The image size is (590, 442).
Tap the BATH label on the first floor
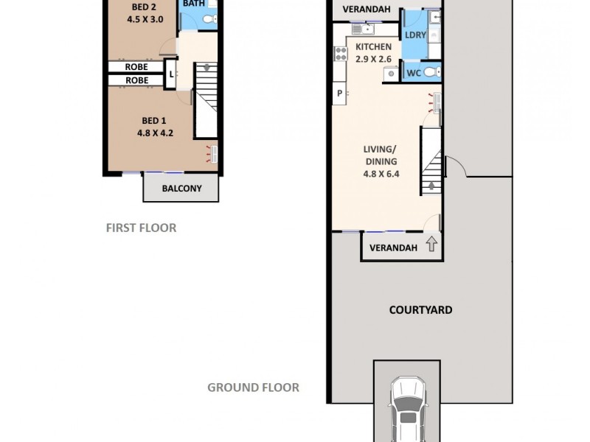click(193, 4)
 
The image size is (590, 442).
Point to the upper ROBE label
click(136, 67)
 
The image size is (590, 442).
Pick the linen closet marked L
click(170, 74)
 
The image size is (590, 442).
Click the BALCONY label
click(181, 189)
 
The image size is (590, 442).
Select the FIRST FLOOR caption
click(141, 228)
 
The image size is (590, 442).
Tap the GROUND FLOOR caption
click(253, 387)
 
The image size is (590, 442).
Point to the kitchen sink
click(363, 29)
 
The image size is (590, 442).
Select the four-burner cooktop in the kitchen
click(341, 53)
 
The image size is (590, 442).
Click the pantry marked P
click(339, 94)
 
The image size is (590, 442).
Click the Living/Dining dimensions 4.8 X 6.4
click(380, 175)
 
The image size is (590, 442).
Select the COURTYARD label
click(420, 310)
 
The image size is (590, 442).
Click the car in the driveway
click(407, 413)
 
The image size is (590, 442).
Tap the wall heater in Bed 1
click(214, 155)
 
